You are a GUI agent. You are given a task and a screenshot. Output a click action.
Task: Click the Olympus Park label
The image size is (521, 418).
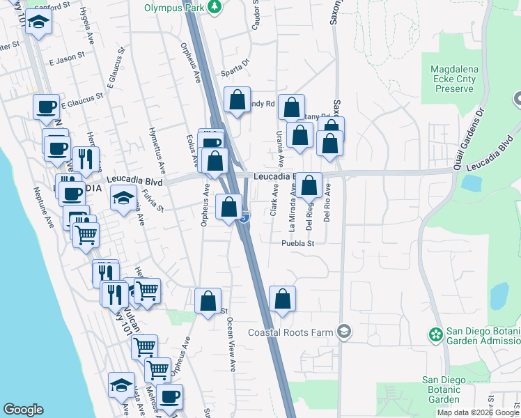pos(175,8)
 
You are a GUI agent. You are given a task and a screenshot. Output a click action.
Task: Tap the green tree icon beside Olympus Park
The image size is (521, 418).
pos(215,7)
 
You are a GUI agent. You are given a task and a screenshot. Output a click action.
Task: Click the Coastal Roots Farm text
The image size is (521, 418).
pos(300,332)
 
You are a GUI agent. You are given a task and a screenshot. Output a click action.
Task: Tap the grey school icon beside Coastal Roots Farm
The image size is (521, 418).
pos(343,332)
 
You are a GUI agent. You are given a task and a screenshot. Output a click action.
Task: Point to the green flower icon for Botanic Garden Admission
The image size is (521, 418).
pos(437,335)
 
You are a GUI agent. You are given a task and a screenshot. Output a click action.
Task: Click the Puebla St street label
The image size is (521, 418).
pos(299,243)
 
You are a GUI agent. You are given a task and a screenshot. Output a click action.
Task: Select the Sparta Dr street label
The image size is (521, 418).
pos(235,70)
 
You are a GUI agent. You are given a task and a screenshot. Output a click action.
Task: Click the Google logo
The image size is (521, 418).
pos(23,410)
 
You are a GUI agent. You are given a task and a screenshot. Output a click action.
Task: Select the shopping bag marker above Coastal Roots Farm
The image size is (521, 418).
pos(282,300)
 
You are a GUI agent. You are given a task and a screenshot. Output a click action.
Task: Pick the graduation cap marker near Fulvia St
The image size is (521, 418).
pos(123,199)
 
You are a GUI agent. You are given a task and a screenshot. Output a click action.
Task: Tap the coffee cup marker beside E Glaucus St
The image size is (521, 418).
pos(47,107)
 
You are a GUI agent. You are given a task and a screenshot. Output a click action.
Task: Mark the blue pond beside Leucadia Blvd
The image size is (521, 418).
pos(471,183)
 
